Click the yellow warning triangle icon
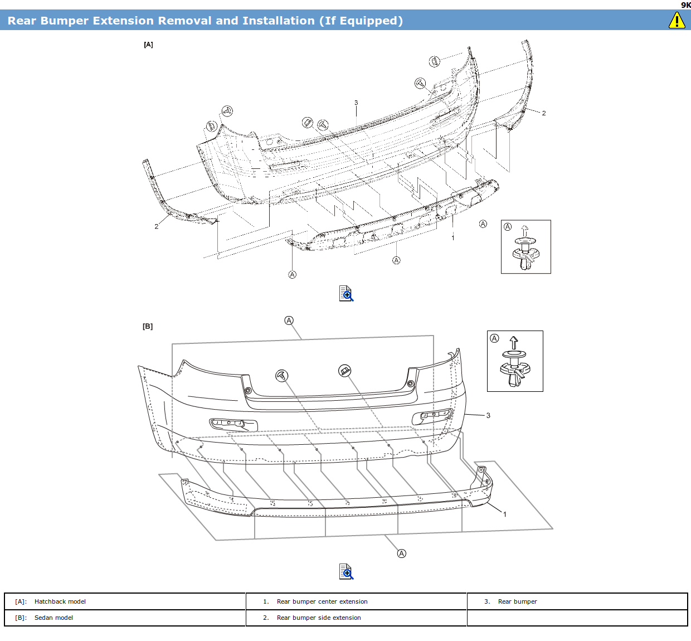[677, 21]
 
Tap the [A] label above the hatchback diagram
[148, 45]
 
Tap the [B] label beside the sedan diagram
[148, 326]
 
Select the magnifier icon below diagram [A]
[346, 293]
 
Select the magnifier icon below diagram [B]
[346, 571]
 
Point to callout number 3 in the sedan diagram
[488, 415]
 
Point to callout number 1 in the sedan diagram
[505, 514]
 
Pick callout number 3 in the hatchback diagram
[356, 103]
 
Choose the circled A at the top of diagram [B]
[289, 320]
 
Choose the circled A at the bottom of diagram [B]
[402, 553]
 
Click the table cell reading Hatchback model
[60, 601]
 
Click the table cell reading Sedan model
[53, 618]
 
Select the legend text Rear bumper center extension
[322, 601]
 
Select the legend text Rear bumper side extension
[319, 618]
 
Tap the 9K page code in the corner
[685, 5]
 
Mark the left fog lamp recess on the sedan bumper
[233, 424]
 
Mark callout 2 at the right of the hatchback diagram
[544, 113]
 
